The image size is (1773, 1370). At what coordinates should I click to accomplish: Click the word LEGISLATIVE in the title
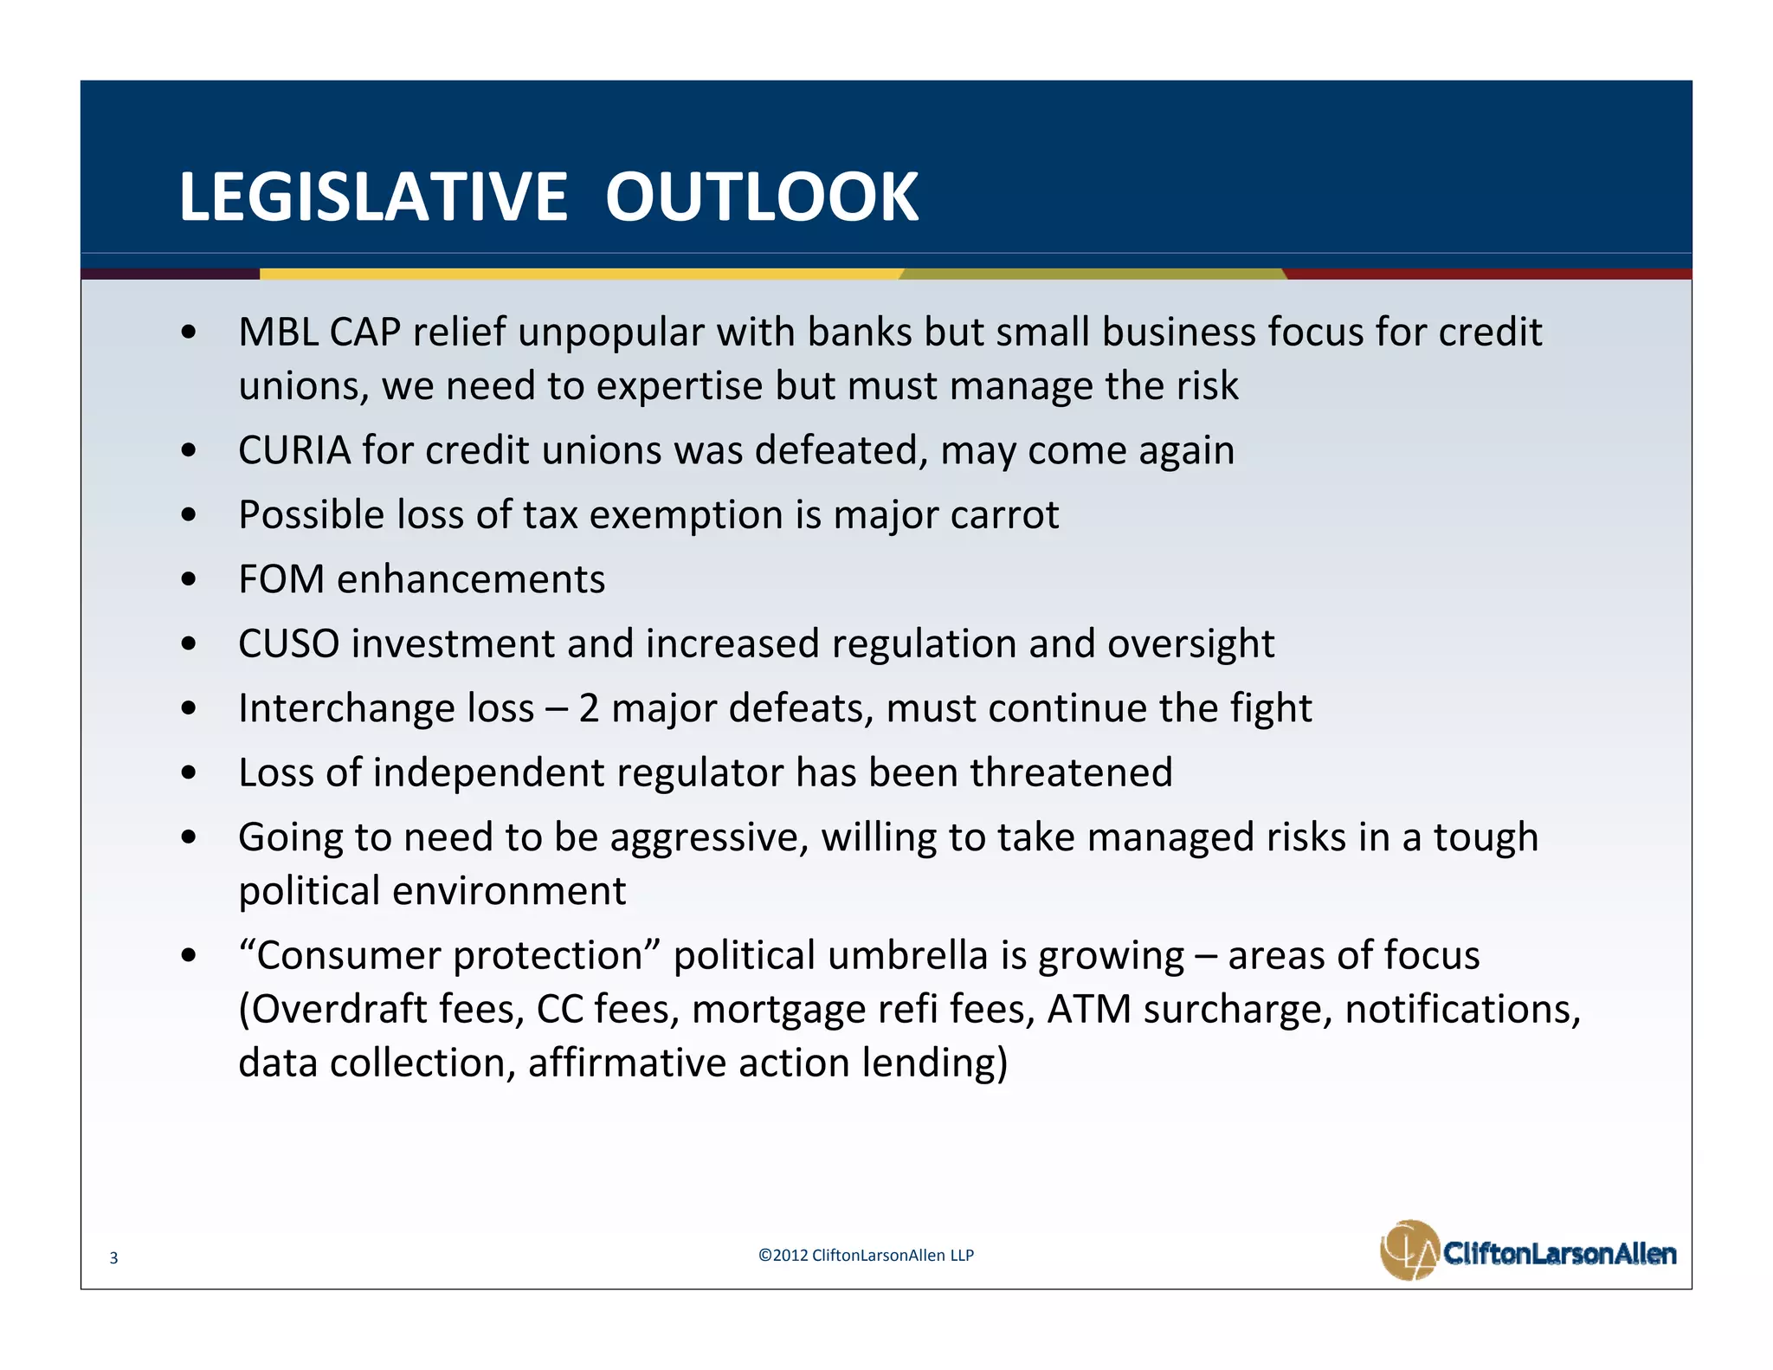tap(372, 197)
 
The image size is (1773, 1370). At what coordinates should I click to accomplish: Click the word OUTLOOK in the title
tap(761, 197)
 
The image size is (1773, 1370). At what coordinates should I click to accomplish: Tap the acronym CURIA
tap(294, 450)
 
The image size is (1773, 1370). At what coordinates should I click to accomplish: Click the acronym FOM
tap(281, 579)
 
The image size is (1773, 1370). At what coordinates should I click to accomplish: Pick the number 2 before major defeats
tap(589, 708)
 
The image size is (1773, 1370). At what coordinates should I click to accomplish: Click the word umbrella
tap(907, 956)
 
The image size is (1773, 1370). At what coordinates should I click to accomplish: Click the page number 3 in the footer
tap(113, 1258)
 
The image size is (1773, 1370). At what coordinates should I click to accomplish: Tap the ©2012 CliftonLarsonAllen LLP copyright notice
tap(866, 1256)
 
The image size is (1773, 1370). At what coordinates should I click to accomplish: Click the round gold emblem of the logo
tap(1409, 1250)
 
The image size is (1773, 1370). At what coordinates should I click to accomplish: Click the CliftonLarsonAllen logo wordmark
tap(1559, 1253)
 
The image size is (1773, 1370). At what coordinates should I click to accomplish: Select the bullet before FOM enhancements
tap(189, 579)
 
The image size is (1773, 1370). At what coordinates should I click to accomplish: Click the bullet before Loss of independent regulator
tap(189, 772)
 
